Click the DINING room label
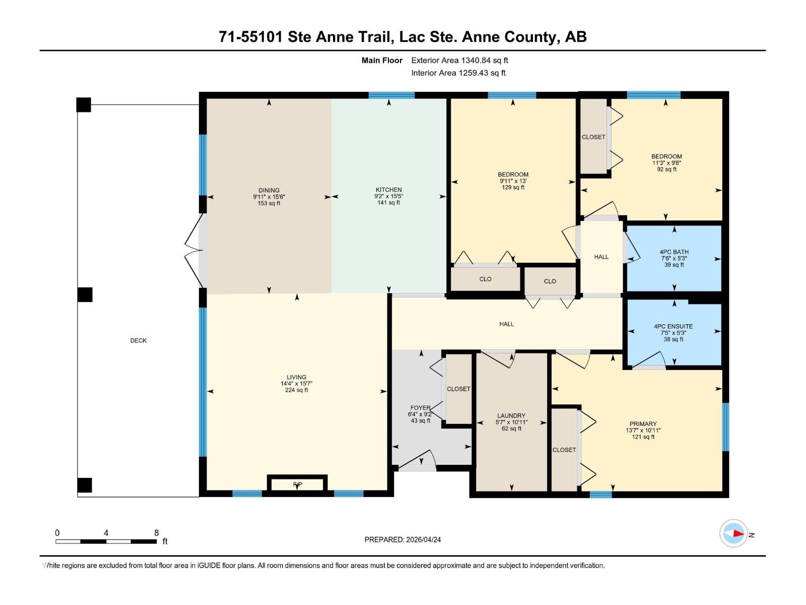point(269,191)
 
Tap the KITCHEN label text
point(388,190)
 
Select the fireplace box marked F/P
point(297,485)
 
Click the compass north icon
point(733,533)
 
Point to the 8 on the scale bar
point(156,533)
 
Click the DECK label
point(139,341)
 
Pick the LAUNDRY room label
point(511,416)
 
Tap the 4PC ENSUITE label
point(673,327)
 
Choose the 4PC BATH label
point(674,252)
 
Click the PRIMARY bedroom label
point(643,424)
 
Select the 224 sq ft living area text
point(296,390)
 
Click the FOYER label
point(420,408)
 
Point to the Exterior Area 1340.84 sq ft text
point(459,60)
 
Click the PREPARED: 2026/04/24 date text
point(402,539)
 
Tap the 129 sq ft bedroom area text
point(513,188)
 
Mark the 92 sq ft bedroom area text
point(666,169)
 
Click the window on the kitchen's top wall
point(391,95)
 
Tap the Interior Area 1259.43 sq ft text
point(458,73)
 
